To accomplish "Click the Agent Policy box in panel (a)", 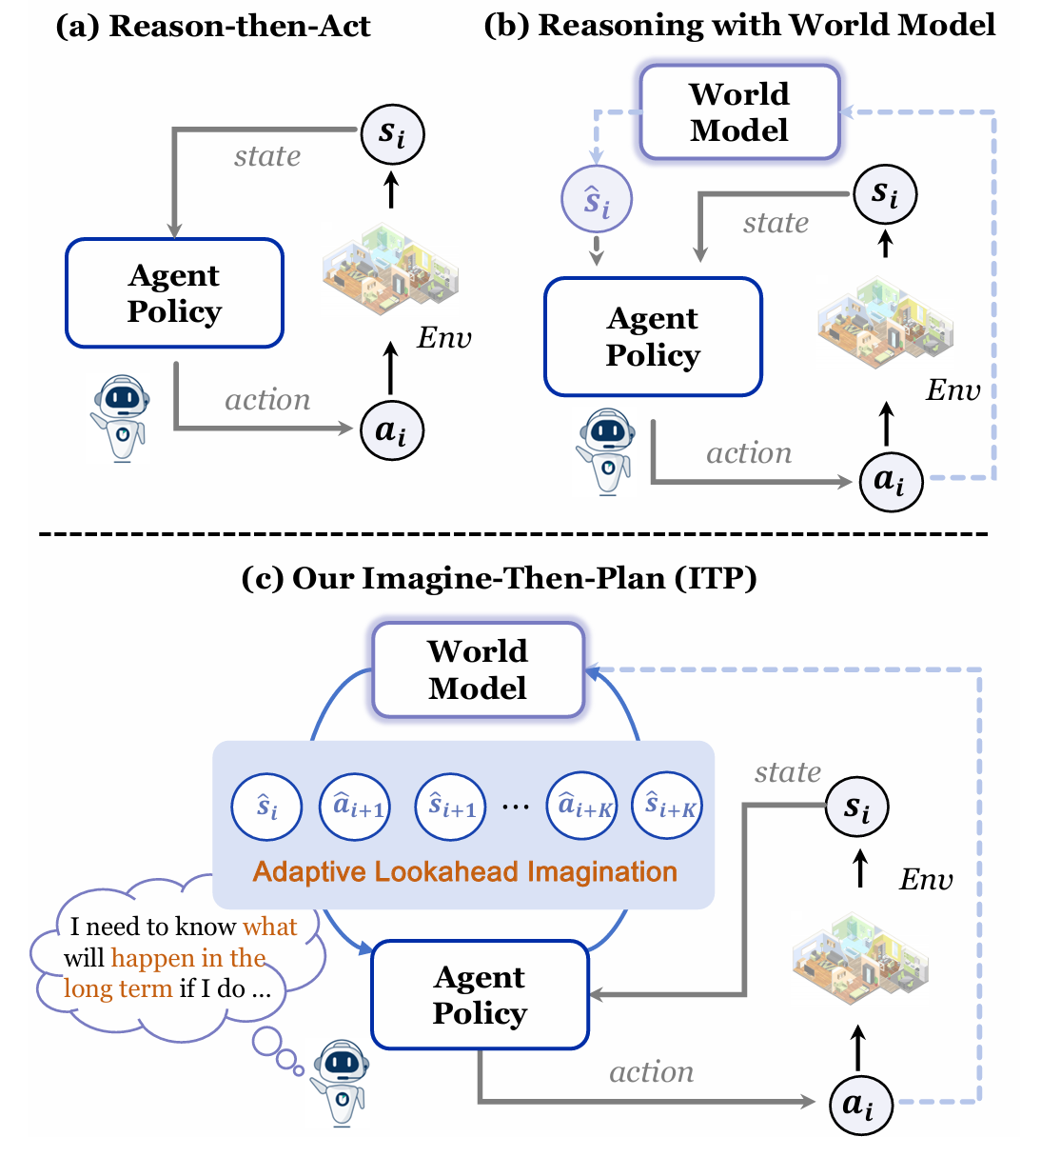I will pyautogui.click(x=174, y=293).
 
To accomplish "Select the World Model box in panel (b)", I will pyautogui.click(x=739, y=112).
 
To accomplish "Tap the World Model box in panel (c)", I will pyautogui.click(x=478, y=669).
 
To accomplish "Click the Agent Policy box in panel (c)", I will pyautogui.click(x=480, y=995).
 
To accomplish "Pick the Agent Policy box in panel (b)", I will pyautogui.click(x=653, y=337).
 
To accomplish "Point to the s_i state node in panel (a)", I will pyautogui.click(x=392, y=134).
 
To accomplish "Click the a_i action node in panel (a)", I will pyautogui.click(x=391, y=431).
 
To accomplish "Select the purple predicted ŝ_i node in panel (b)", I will pyautogui.click(x=597, y=200).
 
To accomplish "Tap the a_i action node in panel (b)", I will pyautogui.click(x=891, y=481).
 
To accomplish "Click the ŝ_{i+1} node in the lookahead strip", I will pyautogui.click(x=451, y=807).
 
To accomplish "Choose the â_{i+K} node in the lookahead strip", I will pyautogui.click(x=582, y=807).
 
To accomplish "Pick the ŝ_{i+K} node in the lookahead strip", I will pyautogui.click(x=668, y=807).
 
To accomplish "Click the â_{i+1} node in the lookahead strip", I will pyautogui.click(x=356, y=807).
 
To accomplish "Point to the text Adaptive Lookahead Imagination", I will pyautogui.click(x=464, y=872).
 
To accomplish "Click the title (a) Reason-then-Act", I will pyautogui.click(x=213, y=26).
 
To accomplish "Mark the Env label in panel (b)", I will pyautogui.click(x=953, y=390).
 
